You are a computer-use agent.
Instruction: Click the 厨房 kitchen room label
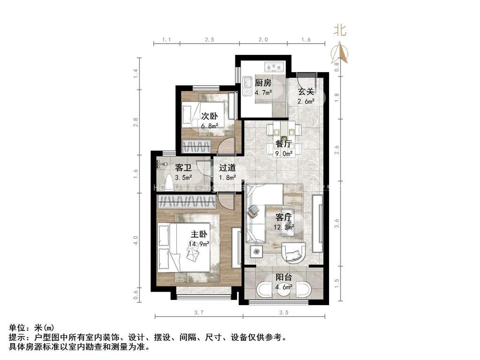click(x=263, y=83)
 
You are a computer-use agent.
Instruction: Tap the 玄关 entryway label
click(x=306, y=91)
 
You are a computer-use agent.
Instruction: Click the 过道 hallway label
click(x=227, y=167)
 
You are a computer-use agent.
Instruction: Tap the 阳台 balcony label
click(x=284, y=277)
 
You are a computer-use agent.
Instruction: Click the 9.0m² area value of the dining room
click(x=284, y=153)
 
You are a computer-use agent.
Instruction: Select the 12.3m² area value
click(x=284, y=227)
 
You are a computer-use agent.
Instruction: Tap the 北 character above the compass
click(x=340, y=30)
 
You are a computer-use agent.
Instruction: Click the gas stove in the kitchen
click(x=274, y=67)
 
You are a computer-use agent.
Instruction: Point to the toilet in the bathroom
click(x=169, y=180)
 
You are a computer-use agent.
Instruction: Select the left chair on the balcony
click(x=263, y=290)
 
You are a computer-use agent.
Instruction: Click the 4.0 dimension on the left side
click(x=135, y=240)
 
